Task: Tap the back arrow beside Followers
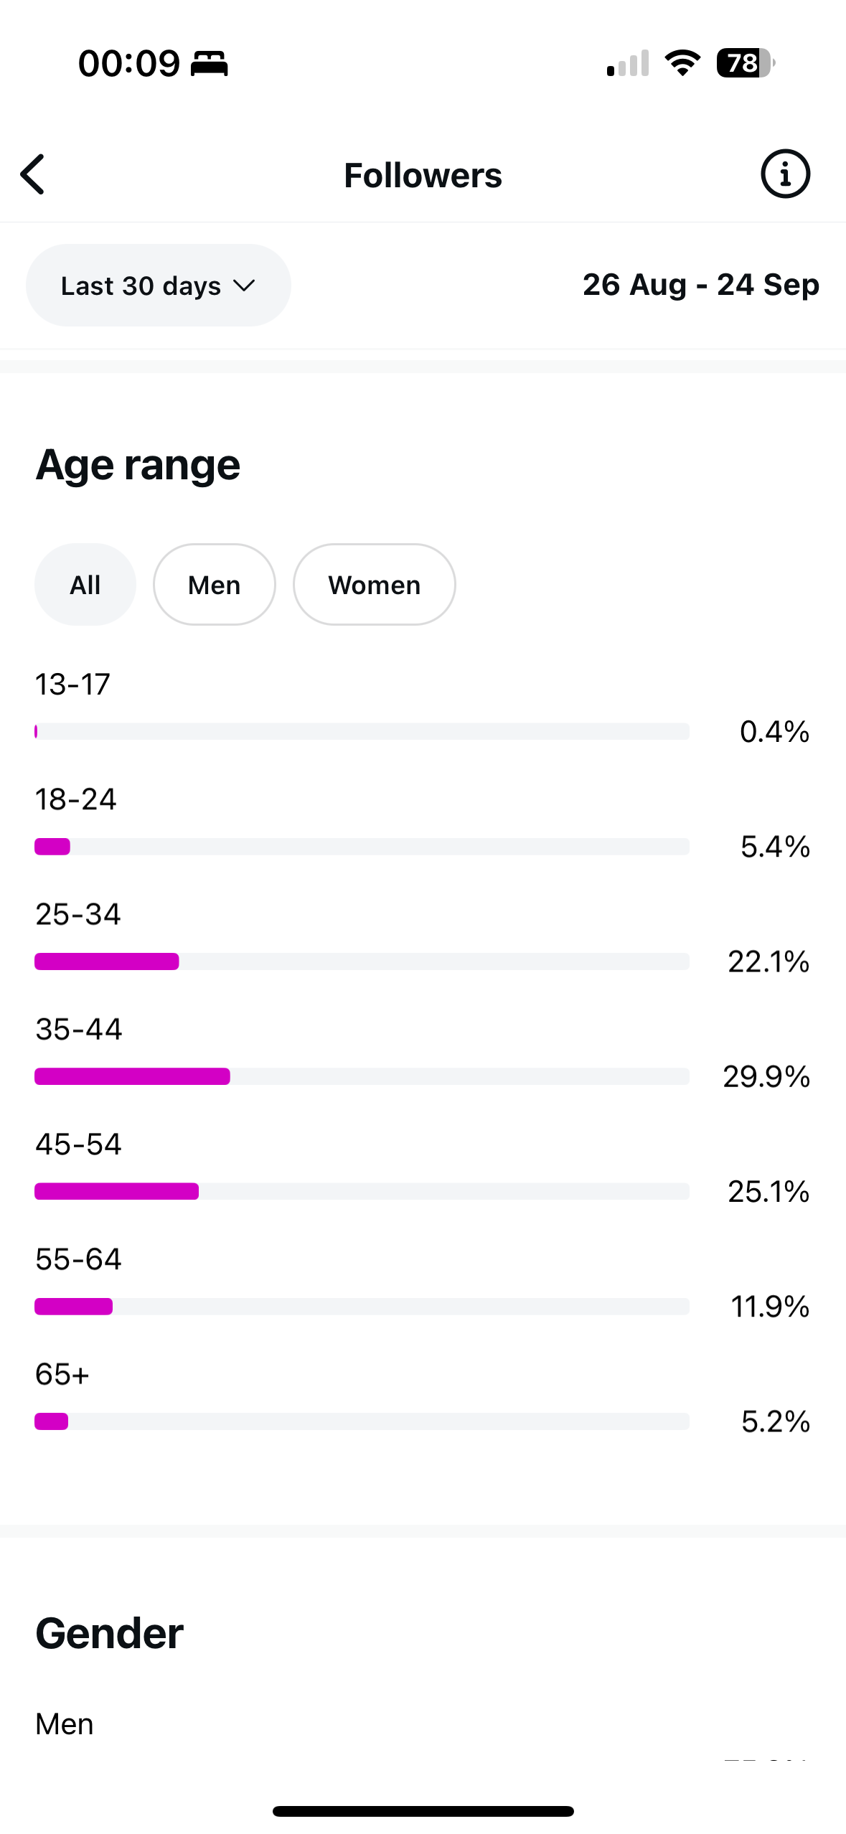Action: tap(33, 174)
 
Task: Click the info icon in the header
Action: tap(785, 174)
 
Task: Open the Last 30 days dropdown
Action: tap(158, 286)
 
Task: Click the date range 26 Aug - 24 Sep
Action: tap(700, 285)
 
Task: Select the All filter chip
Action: tap(85, 585)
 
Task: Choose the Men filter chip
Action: tap(214, 585)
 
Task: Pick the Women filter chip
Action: tap(374, 585)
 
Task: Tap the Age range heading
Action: tap(138, 465)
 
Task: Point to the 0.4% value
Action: tap(774, 732)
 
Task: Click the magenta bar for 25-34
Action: tap(107, 961)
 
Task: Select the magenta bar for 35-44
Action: tap(133, 1076)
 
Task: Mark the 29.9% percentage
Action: tap(766, 1076)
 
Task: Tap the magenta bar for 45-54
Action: tap(117, 1191)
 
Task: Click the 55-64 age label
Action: tap(79, 1259)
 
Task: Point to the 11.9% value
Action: tap(770, 1307)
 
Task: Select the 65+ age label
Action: tap(62, 1374)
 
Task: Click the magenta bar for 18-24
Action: tap(52, 847)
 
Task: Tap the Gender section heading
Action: tap(110, 1634)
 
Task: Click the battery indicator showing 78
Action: tap(745, 63)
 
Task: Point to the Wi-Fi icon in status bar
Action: tap(682, 63)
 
